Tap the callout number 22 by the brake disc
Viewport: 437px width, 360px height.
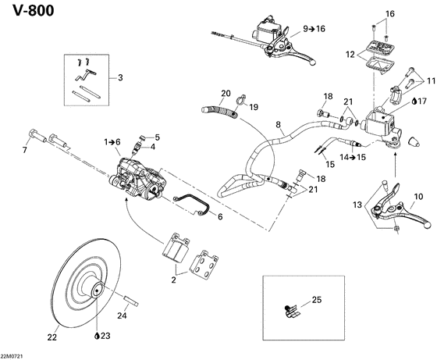pos(53,337)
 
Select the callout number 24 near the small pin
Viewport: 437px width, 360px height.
pos(121,316)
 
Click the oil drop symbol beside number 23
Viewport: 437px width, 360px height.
pos(96,337)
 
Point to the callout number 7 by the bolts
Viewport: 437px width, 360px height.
pos(25,149)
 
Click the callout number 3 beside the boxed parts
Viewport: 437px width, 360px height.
pos(120,77)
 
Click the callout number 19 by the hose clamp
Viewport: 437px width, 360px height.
pos(253,106)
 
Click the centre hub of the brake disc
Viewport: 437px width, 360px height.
pos(98,293)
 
